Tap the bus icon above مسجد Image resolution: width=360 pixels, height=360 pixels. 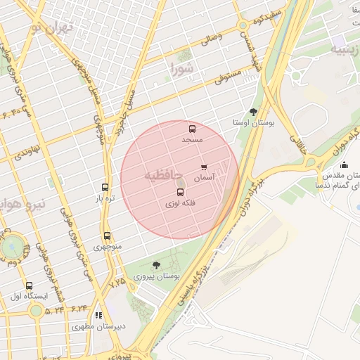click(x=192, y=129)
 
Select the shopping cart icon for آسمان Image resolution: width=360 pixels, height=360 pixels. click(x=204, y=167)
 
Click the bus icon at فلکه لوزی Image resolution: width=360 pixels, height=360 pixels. click(x=180, y=192)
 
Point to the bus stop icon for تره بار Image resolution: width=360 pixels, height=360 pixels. click(x=105, y=188)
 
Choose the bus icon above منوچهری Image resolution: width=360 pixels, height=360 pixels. click(x=107, y=236)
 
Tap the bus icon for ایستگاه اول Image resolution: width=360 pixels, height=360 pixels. click(x=29, y=286)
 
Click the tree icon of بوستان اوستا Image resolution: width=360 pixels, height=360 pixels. click(x=253, y=111)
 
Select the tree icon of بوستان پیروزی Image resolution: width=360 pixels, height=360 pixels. click(x=156, y=265)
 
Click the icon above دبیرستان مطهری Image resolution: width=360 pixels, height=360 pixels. click(x=98, y=316)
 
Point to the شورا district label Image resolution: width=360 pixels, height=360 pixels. click(x=181, y=68)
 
